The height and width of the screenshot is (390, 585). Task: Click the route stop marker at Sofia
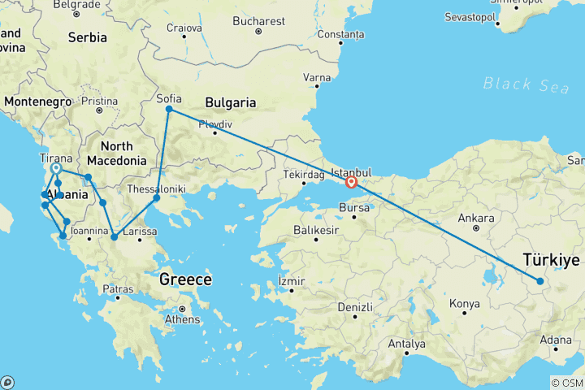(x=169, y=109)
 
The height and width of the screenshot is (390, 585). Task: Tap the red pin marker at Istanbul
(x=351, y=183)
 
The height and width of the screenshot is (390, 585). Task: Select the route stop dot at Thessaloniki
(x=157, y=198)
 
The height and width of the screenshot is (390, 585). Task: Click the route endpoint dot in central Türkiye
(x=540, y=281)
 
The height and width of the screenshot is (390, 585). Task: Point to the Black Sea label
(x=520, y=84)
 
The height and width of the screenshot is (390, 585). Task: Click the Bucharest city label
(x=259, y=20)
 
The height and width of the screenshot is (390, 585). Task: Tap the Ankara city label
(x=476, y=218)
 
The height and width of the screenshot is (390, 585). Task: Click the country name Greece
(x=185, y=279)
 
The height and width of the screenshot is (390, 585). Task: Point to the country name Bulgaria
(x=231, y=103)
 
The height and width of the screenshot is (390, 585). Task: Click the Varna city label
(x=316, y=77)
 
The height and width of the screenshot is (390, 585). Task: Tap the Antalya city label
(x=407, y=344)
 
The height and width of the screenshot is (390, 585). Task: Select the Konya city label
(x=465, y=303)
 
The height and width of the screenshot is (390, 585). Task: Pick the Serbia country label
(x=87, y=37)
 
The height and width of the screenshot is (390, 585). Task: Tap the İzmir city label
(x=291, y=281)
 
